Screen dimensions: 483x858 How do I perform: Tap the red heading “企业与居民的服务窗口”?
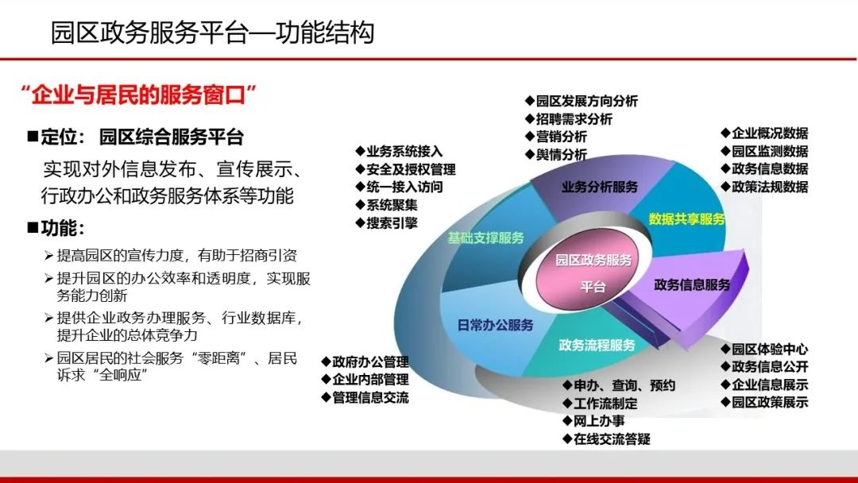point(141,96)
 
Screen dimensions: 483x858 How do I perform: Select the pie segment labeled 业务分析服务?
point(600,187)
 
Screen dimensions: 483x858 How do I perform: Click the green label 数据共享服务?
point(686,218)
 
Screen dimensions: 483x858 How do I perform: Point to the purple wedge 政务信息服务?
point(692,284)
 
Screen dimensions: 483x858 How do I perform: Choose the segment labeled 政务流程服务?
point(597,345)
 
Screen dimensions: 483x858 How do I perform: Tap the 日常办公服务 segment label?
point(495,325)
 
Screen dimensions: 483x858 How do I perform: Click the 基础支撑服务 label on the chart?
point(485,238)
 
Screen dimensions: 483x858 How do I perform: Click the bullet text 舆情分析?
point(561,154)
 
